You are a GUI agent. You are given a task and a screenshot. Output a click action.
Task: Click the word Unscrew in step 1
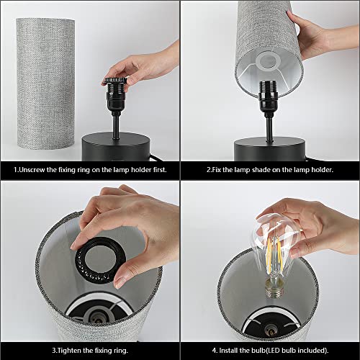[x=32, y=170]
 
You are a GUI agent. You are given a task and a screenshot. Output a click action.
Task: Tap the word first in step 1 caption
[x=159, y=170]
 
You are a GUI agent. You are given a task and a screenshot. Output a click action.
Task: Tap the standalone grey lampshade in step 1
[x=45, y=84]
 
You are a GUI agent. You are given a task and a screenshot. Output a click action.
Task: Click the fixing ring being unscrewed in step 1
[x=114, y=81]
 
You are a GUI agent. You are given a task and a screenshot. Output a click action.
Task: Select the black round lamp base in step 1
[x=116, y=146]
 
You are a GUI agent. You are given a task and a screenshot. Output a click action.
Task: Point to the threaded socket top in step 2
[x=269, y=86]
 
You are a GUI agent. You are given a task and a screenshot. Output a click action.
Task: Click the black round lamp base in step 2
[x=270, y=149]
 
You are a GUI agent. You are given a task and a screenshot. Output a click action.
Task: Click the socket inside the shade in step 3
[x=99, y=317]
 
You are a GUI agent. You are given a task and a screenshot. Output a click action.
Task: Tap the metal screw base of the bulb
[x=275, y=292]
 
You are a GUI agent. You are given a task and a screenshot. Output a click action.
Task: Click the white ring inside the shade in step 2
[x=268, y=60]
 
